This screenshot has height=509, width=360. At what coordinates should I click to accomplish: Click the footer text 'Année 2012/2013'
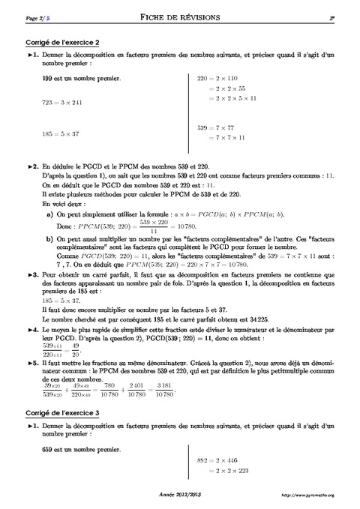pyautogui.click(x=180, y=496)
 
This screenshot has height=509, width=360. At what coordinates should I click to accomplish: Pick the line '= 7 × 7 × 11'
pyautogui.click(x=224, y=139)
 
